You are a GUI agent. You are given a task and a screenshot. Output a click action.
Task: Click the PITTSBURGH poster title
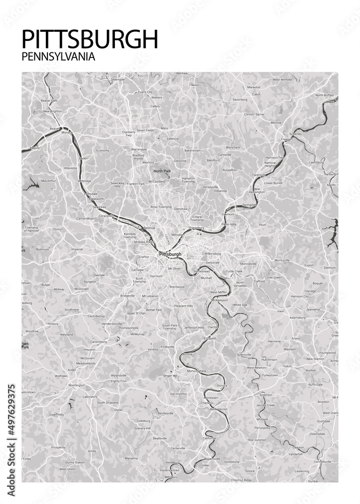click(90, 39)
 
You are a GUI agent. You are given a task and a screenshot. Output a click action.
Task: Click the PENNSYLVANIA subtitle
click(58, 57)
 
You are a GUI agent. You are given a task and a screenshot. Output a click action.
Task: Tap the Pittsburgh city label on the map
click(169, 254)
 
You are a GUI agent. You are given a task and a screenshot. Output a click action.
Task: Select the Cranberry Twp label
click(129, 134)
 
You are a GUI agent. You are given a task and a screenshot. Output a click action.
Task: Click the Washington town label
click(76, 385)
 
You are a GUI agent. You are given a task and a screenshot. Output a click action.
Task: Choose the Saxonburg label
click(239, 99)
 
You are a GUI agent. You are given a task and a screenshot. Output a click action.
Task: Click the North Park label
click(162, 171)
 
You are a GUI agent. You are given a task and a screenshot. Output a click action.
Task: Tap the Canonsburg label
click(99, 341)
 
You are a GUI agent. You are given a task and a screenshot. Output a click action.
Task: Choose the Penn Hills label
click(229, 224)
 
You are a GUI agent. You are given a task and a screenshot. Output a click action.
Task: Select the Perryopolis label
click(262, 427)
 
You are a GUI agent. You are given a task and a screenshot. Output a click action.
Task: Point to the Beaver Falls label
click(49, 100)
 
